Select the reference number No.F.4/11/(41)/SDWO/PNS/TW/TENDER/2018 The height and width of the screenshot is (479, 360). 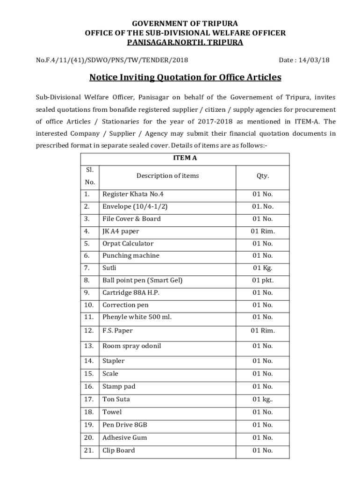coord(112,60)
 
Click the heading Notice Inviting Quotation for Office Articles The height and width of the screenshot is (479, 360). coord(185,77)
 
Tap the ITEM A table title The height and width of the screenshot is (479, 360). coord(185,158)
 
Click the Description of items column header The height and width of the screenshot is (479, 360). coord(167,176)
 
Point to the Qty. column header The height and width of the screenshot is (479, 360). coord(262,176)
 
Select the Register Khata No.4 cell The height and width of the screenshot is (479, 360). coord(133,194)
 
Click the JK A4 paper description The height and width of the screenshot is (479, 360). coord(121,231)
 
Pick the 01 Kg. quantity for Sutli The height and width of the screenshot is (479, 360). coord(262,268)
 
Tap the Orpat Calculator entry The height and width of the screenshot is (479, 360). coord(128,243)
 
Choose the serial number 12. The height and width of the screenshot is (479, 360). coord(89,331)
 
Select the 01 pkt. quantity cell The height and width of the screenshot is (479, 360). coord(262,280)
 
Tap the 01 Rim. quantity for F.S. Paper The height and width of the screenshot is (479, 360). coord(262,331)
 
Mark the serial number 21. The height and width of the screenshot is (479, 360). coord(89,450)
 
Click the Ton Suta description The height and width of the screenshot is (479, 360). coord(116,399)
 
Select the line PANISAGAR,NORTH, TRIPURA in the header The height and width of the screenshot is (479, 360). coord(185,43)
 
